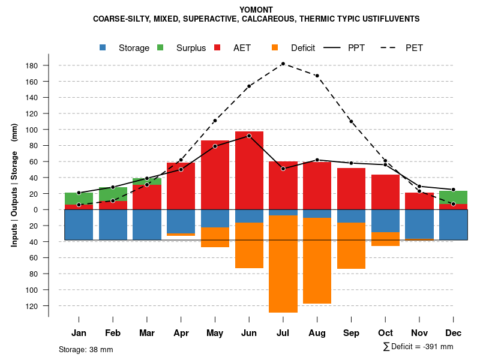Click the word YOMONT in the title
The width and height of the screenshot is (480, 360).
256,10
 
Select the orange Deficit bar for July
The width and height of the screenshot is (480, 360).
283,264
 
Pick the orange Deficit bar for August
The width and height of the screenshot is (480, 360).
317,260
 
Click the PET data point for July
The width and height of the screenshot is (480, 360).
283,64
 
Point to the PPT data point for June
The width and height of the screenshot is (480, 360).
249,136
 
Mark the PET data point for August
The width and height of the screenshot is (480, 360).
317,76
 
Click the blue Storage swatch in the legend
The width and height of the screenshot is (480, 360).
104,47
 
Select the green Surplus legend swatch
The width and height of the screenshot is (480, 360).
161,47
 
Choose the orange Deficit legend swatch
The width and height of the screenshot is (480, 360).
275,47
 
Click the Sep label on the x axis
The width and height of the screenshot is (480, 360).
351,333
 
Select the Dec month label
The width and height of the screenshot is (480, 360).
453,333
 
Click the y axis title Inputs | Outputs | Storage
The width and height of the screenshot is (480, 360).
14,185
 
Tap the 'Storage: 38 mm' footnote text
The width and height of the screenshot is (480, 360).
86,349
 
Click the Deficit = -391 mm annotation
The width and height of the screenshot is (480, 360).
418,347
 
